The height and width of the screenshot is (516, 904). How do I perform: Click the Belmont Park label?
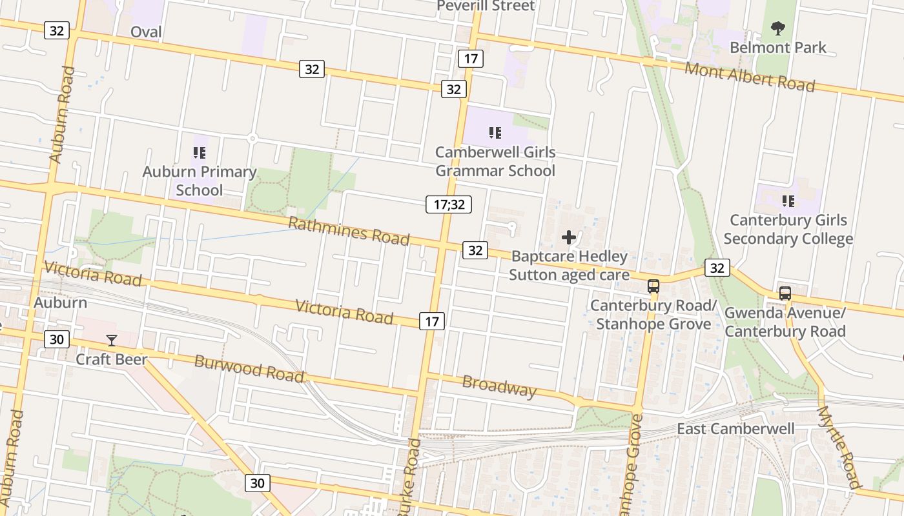[x=777, y=47]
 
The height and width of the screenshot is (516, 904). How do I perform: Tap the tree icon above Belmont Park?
[x=777, y=28]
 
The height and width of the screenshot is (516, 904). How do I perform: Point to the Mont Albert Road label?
[x=750, y=77]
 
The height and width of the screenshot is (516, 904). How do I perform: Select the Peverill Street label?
[x=486, y=6]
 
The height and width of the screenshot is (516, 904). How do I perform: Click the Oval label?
[x=146, y=32]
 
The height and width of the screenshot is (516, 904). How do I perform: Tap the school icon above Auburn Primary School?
[x=200, y=153]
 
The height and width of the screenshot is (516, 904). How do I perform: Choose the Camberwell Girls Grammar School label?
[x=495, y=161]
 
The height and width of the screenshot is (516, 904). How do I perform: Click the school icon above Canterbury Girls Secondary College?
[x=788, y=201]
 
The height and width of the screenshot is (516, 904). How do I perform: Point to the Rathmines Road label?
[x=349, y=231]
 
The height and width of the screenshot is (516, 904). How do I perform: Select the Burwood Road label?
[x=249, y=368]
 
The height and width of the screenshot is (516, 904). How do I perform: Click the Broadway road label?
[x=499, y=386]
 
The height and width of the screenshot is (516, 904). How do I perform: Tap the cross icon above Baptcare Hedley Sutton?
[x=568, y=237]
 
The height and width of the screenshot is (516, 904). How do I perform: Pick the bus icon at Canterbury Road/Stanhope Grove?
[x=653, y=286]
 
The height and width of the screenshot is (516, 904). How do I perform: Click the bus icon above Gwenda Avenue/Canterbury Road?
[x=785, y=293]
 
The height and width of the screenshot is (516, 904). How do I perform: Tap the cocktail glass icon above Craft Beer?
[x=112, y=340]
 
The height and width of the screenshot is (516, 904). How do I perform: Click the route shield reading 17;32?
[x=449, y=204]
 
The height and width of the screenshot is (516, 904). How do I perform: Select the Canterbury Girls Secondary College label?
[x=788, y=229]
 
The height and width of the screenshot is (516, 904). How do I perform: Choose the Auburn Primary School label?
[x=200, y=181]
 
